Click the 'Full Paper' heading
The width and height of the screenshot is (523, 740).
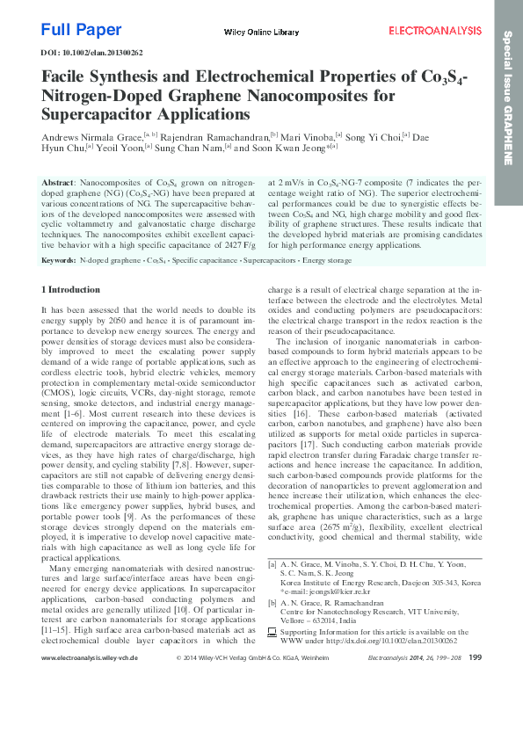click(x=82, y=30)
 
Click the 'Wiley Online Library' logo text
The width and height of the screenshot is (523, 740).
click(x=261, y=33)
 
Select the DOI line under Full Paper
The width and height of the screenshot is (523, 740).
click(x=92, y=53)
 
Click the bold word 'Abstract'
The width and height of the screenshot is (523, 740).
click(x=60, y=180)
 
